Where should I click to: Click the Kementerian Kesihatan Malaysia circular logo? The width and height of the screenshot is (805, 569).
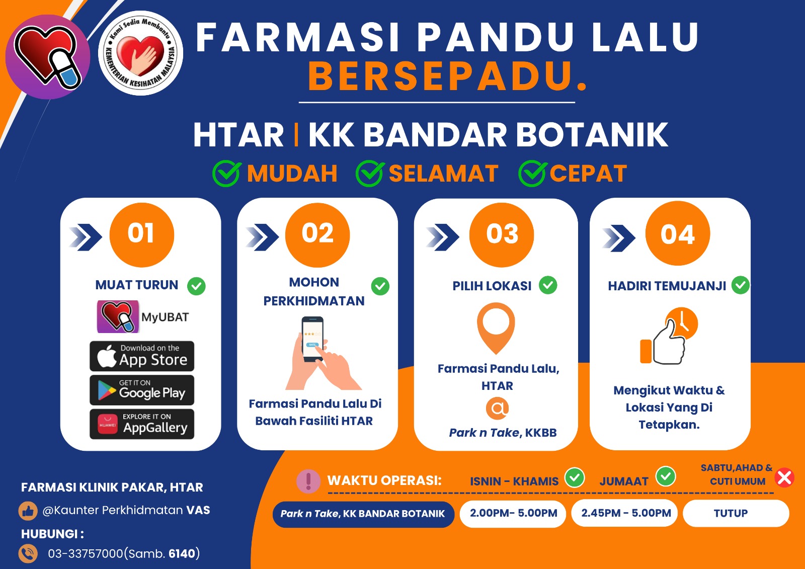point(140,53)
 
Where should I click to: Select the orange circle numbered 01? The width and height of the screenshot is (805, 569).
point(141,234)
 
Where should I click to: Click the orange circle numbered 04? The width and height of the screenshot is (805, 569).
point(677,234)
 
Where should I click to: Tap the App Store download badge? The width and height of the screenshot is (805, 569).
point(142,356)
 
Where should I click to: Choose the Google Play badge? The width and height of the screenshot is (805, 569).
point(142,390)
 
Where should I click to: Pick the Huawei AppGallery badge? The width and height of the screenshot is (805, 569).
point(142,424)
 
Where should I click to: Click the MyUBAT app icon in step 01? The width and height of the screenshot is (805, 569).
point(118,317)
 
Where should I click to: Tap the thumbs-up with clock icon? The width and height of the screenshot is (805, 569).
point(669,336)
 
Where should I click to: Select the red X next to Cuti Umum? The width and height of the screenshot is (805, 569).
point(784,477)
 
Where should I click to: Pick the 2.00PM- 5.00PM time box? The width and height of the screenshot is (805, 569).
point(513,513)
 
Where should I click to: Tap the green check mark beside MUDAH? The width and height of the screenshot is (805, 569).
point(226,174)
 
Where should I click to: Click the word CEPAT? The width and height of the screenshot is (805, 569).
point(588,174)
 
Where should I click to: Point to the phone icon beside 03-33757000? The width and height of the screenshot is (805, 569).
point(28,553)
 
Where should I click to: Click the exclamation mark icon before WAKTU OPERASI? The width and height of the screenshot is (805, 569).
point(308,481)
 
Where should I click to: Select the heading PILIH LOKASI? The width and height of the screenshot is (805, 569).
point(492,286)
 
